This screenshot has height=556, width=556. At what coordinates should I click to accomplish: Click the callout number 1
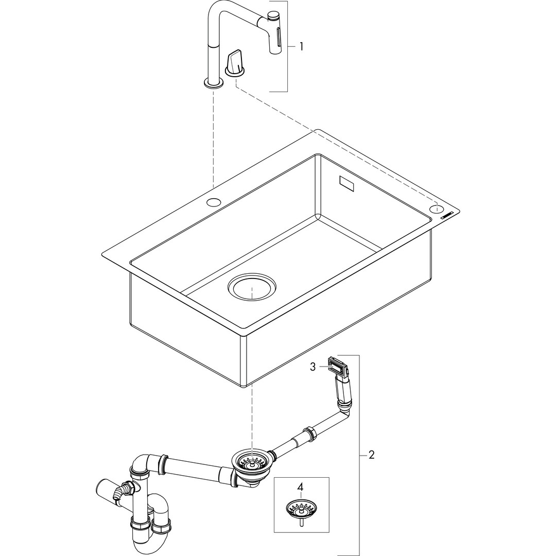pos(301,46)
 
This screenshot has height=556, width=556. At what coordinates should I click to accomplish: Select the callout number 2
pos(371,455)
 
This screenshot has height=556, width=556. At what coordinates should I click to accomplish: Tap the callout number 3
pos(312,367)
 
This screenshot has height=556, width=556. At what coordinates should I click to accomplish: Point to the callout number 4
pos(300,487)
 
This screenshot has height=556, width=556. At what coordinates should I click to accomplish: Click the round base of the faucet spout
pos(214,83)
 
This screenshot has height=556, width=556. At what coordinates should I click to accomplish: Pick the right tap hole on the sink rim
pos(437,209)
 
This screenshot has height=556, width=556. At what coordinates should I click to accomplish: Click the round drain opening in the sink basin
pos(252,287)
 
